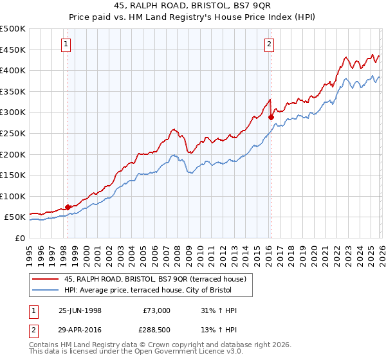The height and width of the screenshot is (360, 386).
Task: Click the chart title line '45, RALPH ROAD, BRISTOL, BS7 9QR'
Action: coord(192,7)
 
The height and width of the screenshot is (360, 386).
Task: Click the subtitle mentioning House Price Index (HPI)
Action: coord(192,18)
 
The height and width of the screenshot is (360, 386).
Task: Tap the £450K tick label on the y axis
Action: coord(13,50)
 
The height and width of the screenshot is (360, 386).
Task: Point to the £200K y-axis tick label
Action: coord(13,154)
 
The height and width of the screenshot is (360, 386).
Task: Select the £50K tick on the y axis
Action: coord(15,217)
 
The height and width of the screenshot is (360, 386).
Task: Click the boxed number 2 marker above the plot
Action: coord(269,44)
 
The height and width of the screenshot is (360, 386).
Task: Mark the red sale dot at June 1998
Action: coord(68,207)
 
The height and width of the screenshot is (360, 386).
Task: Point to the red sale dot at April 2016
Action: coord(271,118)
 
